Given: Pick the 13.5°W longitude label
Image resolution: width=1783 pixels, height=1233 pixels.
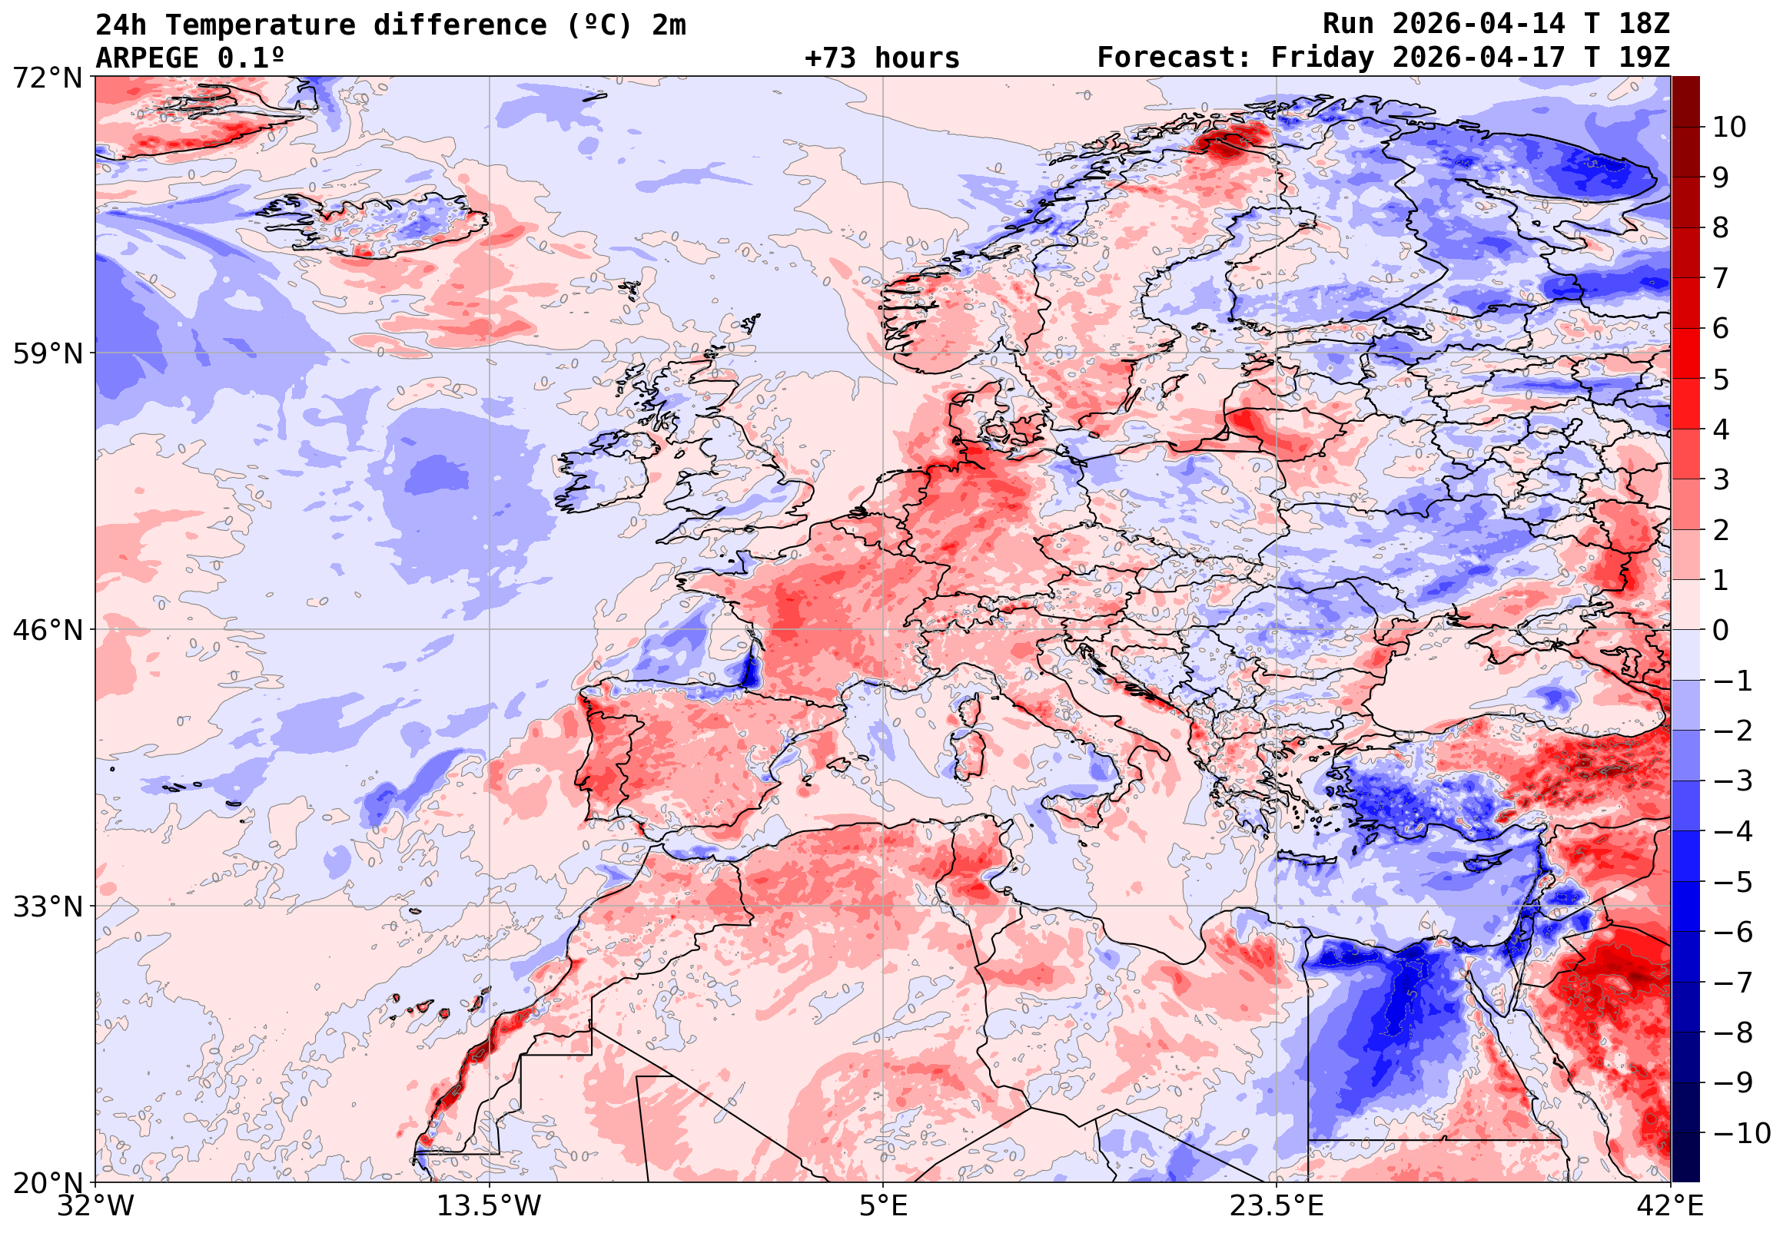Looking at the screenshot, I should pyautogui.click(x=490, y=1206).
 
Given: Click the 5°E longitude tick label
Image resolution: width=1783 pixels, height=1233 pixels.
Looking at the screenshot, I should pyautogui.click(x=883, y=1206).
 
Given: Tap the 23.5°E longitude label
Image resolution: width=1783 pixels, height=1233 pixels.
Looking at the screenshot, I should pyautogui.click(x=1276, y=1206).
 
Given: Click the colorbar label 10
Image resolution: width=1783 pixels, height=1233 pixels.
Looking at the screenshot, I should pyautogui.click(x=1729, y=128).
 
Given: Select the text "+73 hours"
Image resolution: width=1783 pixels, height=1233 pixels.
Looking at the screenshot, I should pyautogui.click(x=882, y=58).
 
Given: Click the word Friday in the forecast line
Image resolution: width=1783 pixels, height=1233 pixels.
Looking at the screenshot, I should pyautogui.click(x=1323, y=58).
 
